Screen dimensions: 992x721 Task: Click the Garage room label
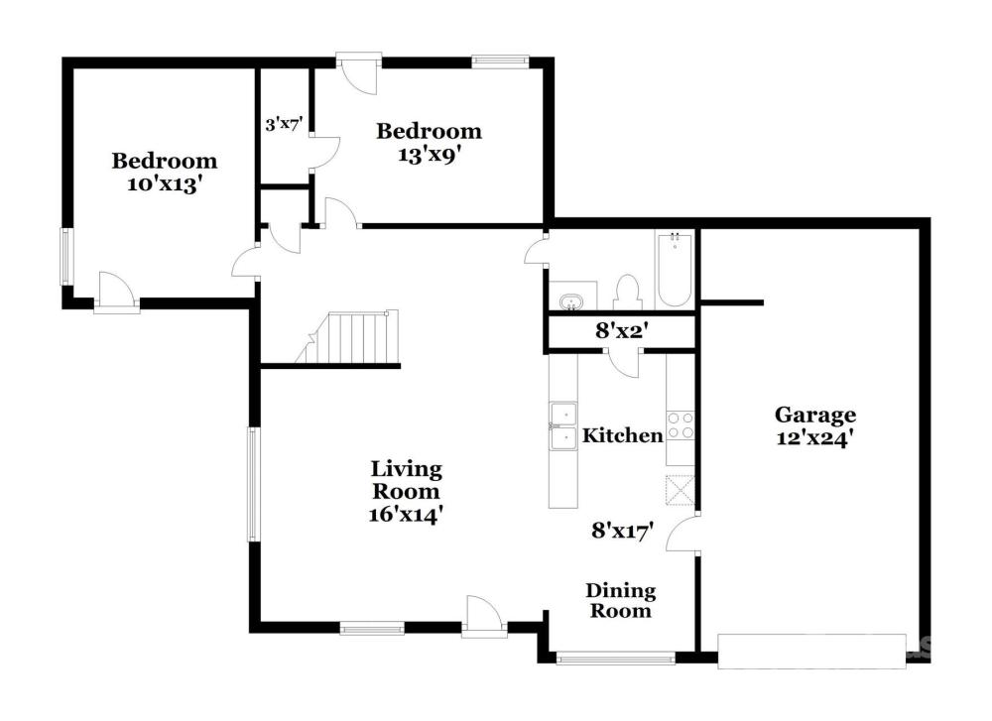pos(815,416)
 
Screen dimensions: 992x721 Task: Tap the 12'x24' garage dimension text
pos(815,438)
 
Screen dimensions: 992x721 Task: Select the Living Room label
pos(406,480)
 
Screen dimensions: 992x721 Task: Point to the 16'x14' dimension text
pos(405,515)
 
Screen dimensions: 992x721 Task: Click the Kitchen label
pos(623,435)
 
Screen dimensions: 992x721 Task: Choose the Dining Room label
pos(621,601)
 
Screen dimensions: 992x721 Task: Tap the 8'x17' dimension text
pos(622,531)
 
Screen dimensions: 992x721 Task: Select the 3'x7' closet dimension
pos(285,125)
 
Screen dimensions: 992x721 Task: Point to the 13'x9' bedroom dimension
pos(429,155)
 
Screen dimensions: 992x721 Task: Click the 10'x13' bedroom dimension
pos(165,184)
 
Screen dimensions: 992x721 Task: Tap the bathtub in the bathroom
pos(675,270)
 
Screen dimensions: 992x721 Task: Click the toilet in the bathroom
pos(627,292)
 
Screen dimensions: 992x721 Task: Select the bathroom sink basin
pos(571,301)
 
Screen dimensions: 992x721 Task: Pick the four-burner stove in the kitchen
pos(681,425)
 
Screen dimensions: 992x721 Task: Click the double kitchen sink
pos(563,425)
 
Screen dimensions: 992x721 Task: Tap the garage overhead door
pos(811,651)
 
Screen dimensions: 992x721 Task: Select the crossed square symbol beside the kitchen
pos(681,490)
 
